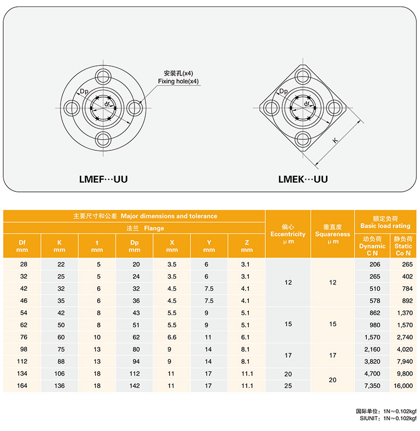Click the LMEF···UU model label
[x=104, y=179]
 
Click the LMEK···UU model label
[x=303, y=179]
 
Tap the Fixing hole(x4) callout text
[x=178, y=81]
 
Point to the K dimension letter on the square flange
[x=335, y=140]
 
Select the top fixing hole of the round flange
[x=103, y=76]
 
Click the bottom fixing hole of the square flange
[x=303, y=140]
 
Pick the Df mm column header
[x=22, y=246]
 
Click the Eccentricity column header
[x=288, y=234]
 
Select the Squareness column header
[x=332, y=234]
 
